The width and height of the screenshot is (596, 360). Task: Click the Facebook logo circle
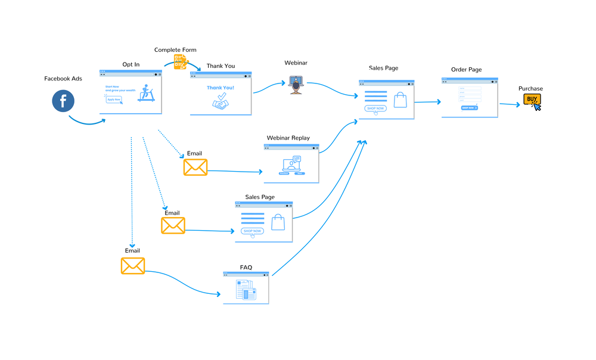(63, 100)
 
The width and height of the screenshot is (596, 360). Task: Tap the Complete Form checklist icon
(181, 61)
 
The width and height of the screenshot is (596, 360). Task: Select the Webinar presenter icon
(296, 84)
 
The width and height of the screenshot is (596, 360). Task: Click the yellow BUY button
(532, 100)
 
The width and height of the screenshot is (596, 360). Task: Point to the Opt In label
(131, 64)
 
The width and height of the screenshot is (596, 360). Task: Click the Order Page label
(466, 70)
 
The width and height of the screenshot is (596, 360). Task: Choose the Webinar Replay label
(288, 138)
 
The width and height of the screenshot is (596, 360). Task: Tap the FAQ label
(246, 268)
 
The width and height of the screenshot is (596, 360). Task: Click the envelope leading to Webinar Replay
(195, 167)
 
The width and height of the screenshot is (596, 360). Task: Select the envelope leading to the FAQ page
(133, 265)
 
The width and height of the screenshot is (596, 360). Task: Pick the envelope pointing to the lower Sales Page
(173, 225)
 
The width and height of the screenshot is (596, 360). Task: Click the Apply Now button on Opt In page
(114, 99)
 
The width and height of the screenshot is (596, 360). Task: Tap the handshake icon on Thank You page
(221, 104)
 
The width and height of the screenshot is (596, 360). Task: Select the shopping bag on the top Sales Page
(400, 100)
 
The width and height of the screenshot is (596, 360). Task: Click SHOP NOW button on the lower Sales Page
(252, 231)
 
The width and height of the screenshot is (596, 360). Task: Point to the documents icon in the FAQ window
(246, 291)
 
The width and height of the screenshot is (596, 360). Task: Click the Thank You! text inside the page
(221, 88)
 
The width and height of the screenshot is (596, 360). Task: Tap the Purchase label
(530, 89)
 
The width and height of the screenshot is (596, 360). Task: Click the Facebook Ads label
(63, 79)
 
